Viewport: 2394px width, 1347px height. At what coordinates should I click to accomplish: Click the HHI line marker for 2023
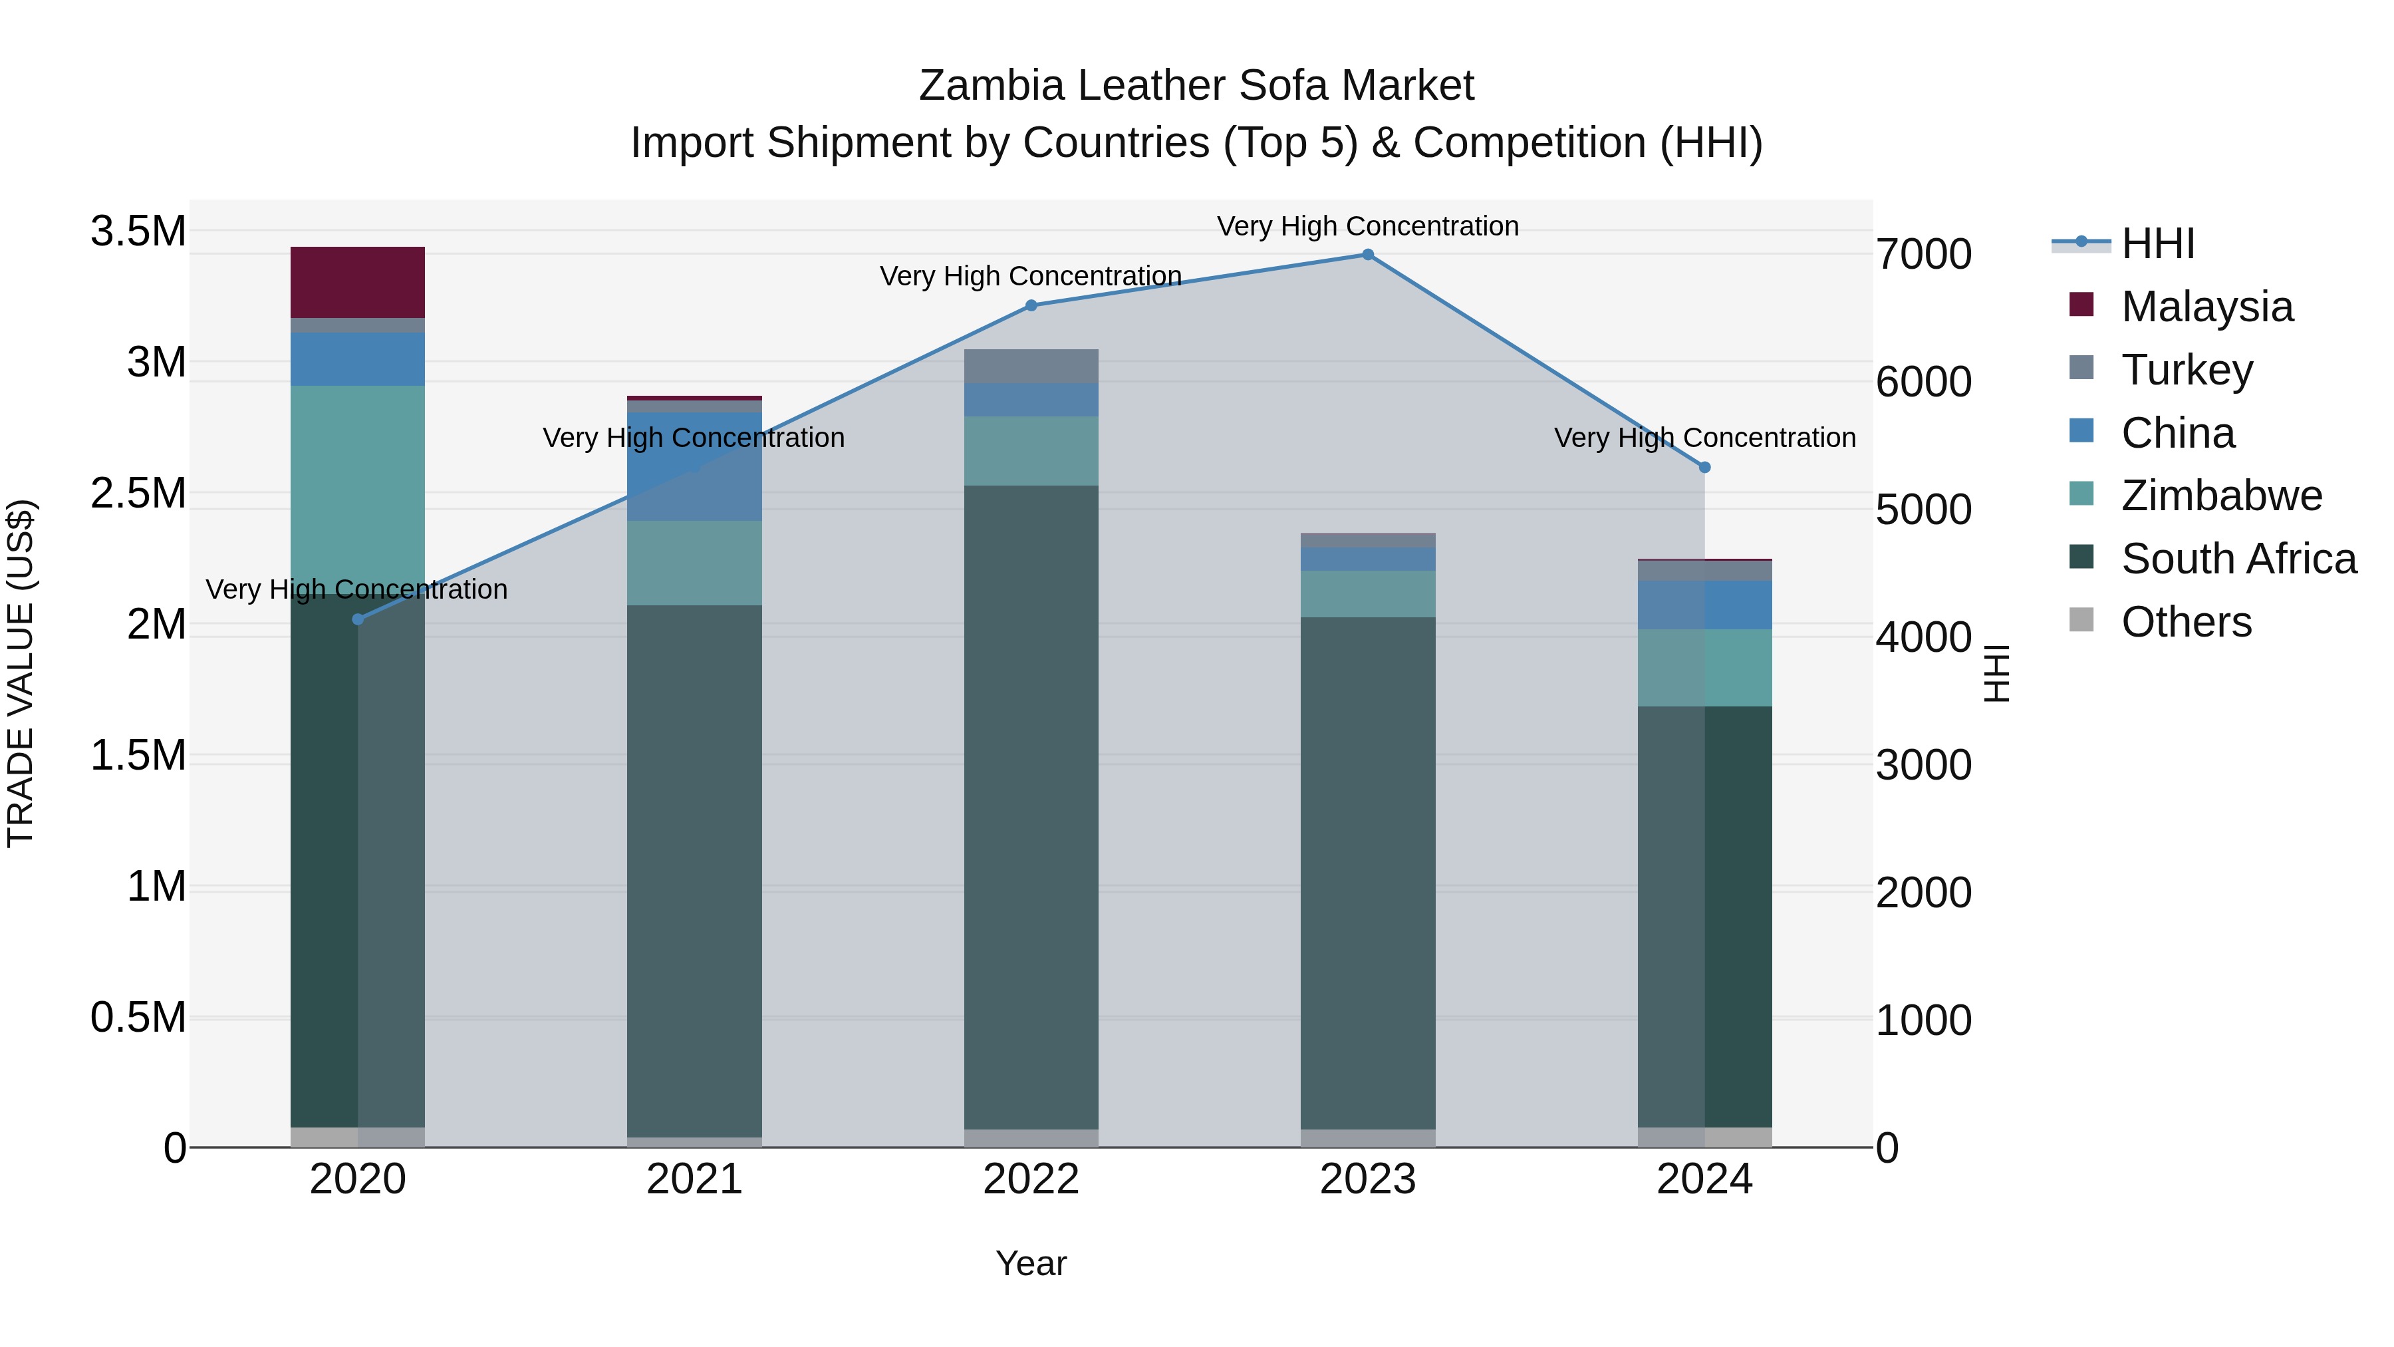[x=1367, y=255]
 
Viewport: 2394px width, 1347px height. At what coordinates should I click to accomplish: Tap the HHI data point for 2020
[x=358, y=619]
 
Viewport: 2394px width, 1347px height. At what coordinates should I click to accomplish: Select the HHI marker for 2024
[x=1704, y=468]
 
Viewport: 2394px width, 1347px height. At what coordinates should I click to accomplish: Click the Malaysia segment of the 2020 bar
[x=358, y=283]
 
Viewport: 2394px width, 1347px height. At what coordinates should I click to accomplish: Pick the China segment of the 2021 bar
[x=694, y=466]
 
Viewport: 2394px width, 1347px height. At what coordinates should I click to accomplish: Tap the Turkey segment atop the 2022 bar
[x=1031, y=367]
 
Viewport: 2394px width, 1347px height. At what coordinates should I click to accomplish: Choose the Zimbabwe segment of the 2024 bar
[x=1704, y=667]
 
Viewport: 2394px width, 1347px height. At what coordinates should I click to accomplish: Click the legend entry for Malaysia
[x=2206, y=307]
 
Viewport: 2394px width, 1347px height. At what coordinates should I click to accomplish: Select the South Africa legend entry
[x=2238, y=559]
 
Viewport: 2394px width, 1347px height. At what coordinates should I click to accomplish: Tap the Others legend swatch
[x=2081, y=620]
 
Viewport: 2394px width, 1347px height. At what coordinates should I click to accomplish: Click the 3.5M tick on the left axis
[x=138, y=231]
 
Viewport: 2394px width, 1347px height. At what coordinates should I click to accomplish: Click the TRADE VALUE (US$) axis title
[x=21, y=673]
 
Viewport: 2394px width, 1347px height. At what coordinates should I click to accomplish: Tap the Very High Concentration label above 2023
[x=1367, y=226]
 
